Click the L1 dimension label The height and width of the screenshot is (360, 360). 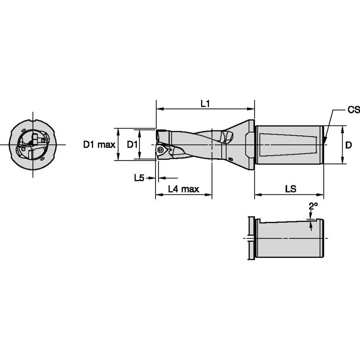(x=205, y=103)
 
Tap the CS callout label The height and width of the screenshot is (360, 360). (x=353, y=110)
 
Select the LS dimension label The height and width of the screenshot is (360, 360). (x=290, y=189)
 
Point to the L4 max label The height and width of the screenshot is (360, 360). (x=183, y=189)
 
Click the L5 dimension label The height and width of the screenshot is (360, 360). (x=139, y=178)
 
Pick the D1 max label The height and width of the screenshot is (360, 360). (x=99, y=145)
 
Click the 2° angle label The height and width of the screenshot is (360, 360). (x=313, y=206)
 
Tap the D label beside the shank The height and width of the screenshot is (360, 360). (x=349, y=145)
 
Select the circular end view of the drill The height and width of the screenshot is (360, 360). (x=33, y=145)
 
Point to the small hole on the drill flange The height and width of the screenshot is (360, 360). (x=231, y=159)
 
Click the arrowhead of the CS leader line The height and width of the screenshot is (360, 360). (x=325, y=140)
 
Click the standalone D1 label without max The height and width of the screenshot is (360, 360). (x=133, y=145)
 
